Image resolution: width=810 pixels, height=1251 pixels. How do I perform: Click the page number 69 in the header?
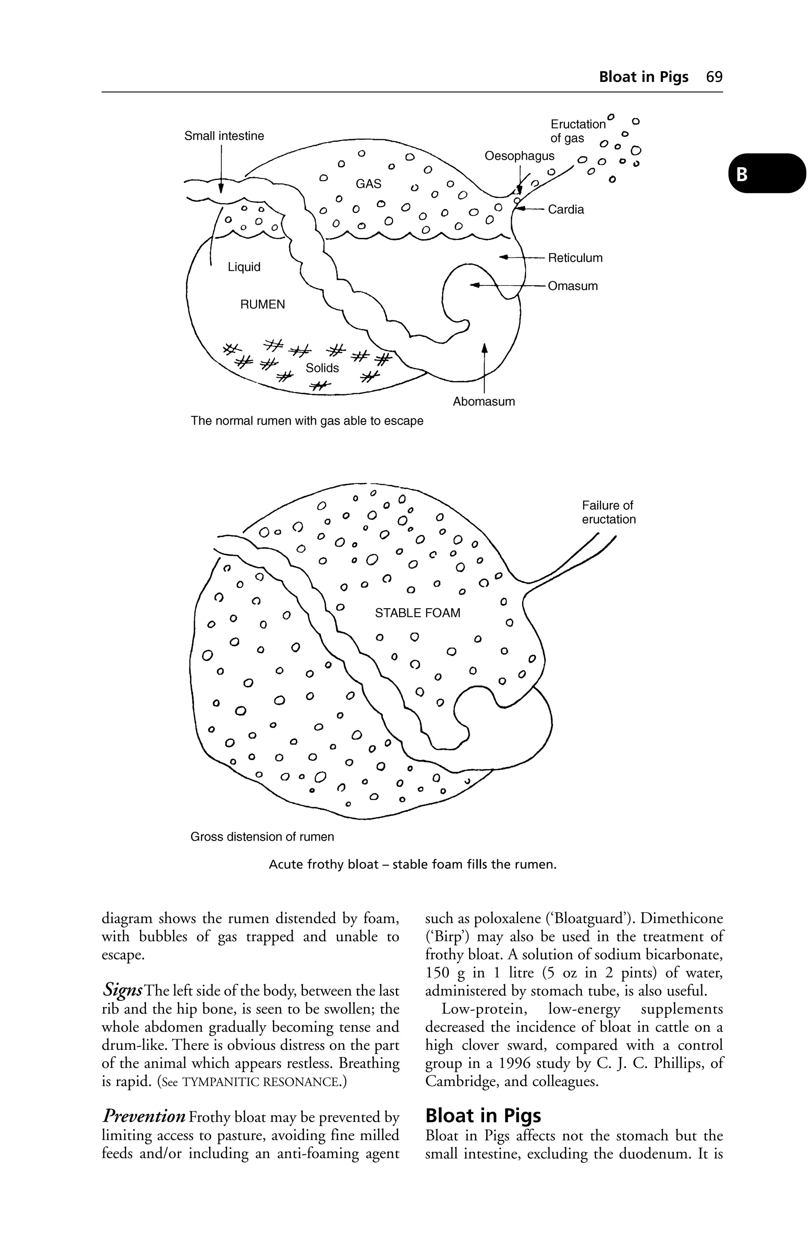(x=714, y=77)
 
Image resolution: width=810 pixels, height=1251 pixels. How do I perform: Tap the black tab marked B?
(x=766, y=174)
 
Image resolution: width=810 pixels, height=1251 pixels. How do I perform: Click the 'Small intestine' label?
(x=224, y=136)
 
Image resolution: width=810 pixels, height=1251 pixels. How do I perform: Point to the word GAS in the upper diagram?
(x=368, y=184)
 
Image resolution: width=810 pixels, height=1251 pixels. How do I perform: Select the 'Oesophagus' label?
(x=519, y=156)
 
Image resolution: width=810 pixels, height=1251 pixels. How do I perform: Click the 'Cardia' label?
(x=566, y=210)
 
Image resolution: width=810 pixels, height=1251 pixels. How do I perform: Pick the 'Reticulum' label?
(x=575, y=258)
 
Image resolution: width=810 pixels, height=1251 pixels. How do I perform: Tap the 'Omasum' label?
(x=572, y=287)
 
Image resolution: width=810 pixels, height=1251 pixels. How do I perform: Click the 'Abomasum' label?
(x=484, y=402)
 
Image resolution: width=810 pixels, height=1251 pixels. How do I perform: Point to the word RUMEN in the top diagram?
(x=263, y=304)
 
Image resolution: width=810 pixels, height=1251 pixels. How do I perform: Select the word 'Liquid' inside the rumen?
(x=244, y=267)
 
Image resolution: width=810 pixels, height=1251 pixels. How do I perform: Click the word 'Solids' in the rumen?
(x=322, y=368)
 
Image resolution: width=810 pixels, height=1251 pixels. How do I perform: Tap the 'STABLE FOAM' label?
(x=417, y=613)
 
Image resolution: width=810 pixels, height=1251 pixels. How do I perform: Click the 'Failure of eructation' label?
(x=609, y=513)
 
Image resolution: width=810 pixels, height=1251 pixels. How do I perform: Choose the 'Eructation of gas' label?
(x=577, y=131)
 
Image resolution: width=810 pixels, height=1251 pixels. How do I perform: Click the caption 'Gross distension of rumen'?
(x=262, y=836)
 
